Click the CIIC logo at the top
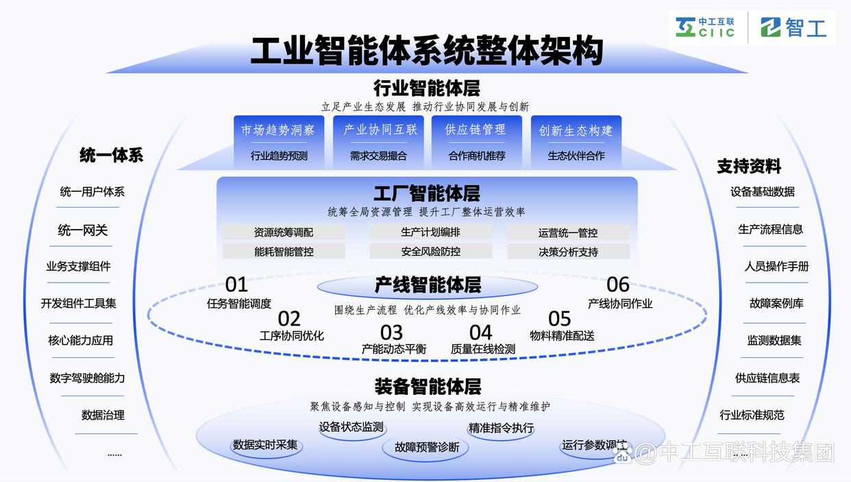[x=705, y=27]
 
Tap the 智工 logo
[x=793, y=27]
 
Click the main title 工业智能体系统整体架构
[x=427, y=51]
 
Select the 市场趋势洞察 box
[x=279, y=142]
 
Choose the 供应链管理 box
[x=477, y=142]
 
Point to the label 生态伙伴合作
[x=576, y=156]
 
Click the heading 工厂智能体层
[x=427, y=193]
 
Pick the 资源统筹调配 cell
[x=284, y=232]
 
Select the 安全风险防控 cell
[x=431, y=251]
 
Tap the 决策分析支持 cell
[x=568, y=252]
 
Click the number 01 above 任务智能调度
[x=236, y=285]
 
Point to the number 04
[x=481, y=333]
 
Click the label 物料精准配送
[x=562, y=336]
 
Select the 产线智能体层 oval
[x=428, y=286]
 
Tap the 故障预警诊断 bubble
[x=426, y=448]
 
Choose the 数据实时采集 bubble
[x=266, y=445]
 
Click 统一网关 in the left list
[x=82, y=230]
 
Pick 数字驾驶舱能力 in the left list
[x=87, y=378]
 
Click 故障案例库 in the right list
[x=776, y=303]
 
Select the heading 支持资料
[x=749, y=167]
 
